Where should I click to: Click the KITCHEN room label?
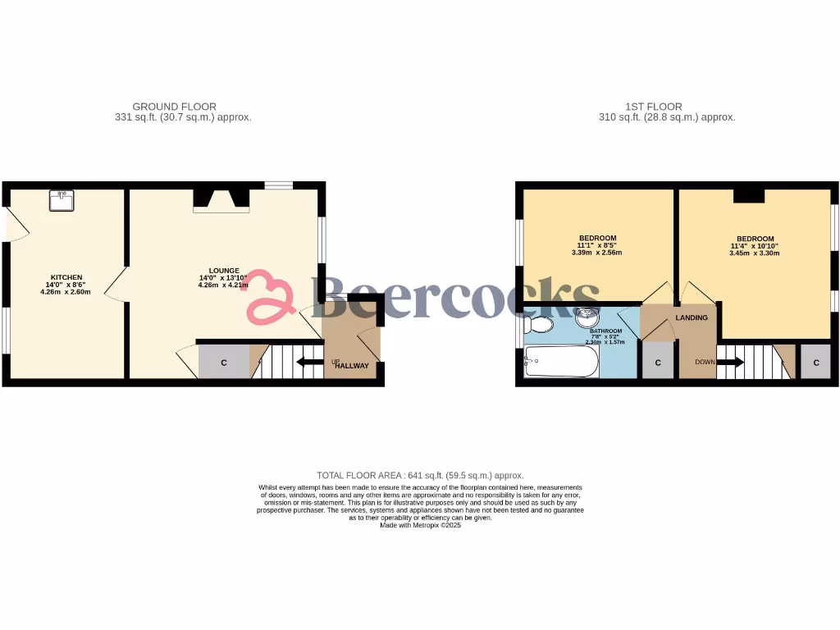[66, 276]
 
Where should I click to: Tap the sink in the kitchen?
[62, 199]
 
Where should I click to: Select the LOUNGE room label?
[224, 271]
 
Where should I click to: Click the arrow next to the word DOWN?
[730, 362]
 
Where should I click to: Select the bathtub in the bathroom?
[562, 361]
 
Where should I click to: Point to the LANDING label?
[692, 317]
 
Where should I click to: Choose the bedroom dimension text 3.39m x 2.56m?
[596, 253]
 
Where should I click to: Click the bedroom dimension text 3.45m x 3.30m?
[755, 253]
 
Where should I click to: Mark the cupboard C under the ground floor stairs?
[224, 363]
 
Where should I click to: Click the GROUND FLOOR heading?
[175, 107]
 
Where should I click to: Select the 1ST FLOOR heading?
[654, 107]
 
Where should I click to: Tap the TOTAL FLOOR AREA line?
[420, 476]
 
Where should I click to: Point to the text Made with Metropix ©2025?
[420, 525]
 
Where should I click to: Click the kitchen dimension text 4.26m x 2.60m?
[66, 292]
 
